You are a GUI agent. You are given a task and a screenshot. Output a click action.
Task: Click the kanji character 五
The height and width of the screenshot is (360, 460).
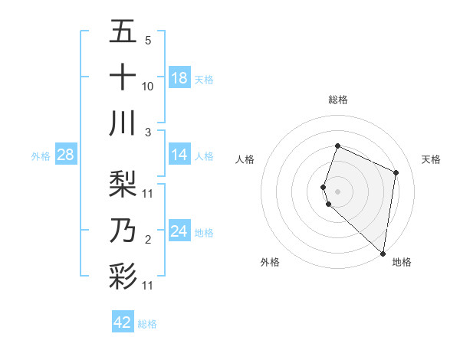click(123, 33)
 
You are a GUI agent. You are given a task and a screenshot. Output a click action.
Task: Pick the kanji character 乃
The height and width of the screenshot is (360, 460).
click(123, 229)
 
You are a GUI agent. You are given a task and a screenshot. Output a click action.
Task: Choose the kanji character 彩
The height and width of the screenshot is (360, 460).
click(123, 276)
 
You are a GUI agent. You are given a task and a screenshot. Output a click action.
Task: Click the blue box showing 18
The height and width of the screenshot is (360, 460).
click(179, 78)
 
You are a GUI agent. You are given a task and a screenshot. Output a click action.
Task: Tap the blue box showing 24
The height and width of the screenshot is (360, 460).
click(179, 231)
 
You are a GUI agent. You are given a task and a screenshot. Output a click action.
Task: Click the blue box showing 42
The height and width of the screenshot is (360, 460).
click(123, 322)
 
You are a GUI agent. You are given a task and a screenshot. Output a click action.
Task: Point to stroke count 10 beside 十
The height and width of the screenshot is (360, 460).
click(148, 86)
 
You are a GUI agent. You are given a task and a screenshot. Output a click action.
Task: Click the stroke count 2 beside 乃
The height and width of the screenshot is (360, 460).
click(148, 240)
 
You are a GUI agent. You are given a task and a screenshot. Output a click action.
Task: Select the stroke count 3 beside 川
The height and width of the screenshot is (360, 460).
click(148, 133)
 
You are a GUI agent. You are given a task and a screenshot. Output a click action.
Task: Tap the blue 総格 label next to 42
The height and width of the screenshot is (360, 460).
click(147, 324)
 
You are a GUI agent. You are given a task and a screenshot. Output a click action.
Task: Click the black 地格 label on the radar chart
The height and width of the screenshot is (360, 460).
click(402, 262)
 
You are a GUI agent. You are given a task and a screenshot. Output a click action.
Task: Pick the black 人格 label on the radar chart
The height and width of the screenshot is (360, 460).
click(245, 159)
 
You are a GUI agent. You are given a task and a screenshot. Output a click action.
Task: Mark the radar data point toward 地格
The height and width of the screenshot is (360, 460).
click(383, 254)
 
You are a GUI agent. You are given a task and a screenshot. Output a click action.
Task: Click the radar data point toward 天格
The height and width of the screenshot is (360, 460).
click(396, 172)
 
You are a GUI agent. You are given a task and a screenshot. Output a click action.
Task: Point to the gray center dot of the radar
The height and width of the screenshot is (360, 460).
click(337, 191)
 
